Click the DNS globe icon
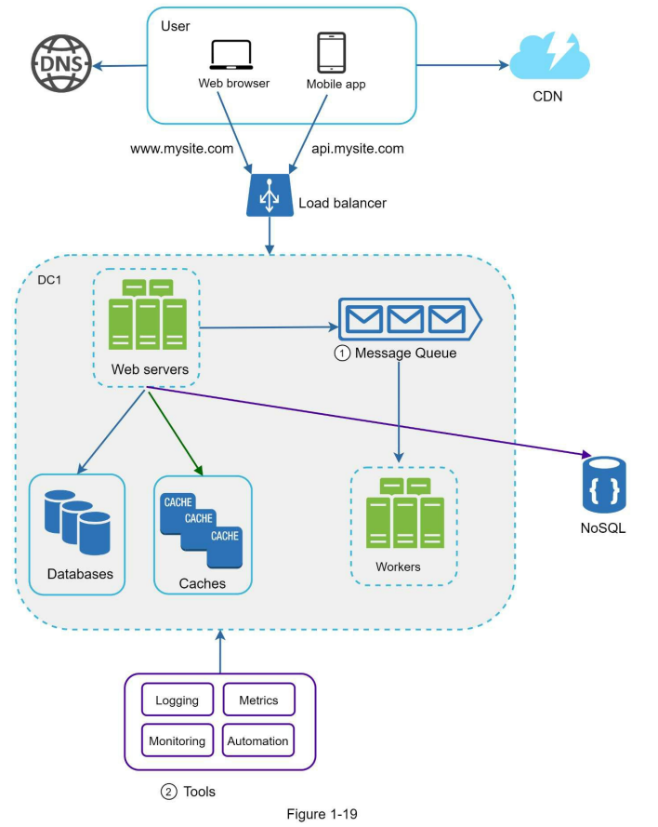[x=61, y=64]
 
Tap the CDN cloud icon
[x=549, y=56]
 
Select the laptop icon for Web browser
[x=231, y=55]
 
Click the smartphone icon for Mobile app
[x=332, y=52]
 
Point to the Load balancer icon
[x=270, y=195]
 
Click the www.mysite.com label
[x=182, y=149]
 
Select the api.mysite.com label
[x=358, y=149]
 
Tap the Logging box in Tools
[x=178, y=700]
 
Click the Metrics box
[x=258, y=700]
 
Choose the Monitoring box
[x=178, y=740]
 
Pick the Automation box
[x=258, y=740]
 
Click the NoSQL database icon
[x=604, y=485]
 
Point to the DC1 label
[x=49, y=280]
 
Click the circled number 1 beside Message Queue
[x=342, y=353]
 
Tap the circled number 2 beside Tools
[x=168, y=792]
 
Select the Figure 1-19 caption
[x=322, y=814]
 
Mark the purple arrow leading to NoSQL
[x=369, y=420]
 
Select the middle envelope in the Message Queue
[x=405, y=319]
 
